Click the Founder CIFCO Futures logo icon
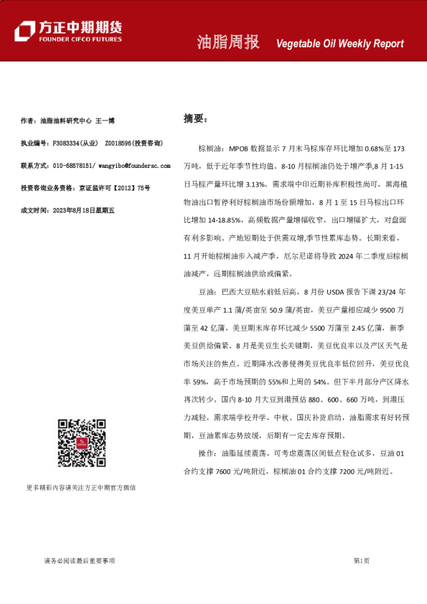pyautogui.click(x=25, y=30)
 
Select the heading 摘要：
pyautogui.click(x=195, y=118)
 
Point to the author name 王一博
pyautogui.click(x=105, y=121)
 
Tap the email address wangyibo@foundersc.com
pyautogui.click(x=134, y=166)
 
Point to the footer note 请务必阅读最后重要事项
pyautogui.click(x=79, y=561)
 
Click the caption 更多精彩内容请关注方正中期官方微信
pyautogui.click(x=81, y=487)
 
